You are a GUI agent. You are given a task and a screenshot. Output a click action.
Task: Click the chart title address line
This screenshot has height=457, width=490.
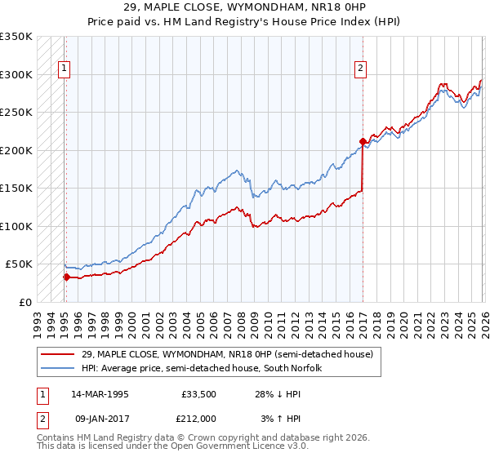click(245, 7)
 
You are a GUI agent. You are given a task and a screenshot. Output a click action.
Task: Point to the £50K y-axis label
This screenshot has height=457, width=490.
click(19, 264)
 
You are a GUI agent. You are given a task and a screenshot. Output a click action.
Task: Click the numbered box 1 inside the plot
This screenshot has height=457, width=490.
click(65, 69)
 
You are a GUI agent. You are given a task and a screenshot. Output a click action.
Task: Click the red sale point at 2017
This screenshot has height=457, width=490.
click(362, 141)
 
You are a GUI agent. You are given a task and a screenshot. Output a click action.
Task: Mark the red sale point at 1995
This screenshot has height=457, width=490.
click(65, 277)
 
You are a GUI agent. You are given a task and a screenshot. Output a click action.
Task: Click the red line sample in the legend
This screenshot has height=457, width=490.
click(58, 354)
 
